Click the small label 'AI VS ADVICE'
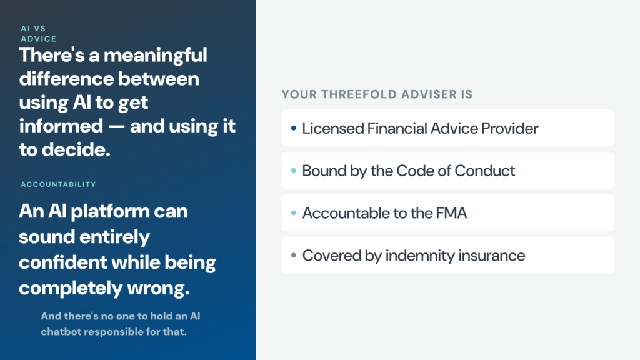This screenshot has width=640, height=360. pyautogui.click(x=39, y=34)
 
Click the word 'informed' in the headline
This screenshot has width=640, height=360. pyautogui.click(x=61, y=126)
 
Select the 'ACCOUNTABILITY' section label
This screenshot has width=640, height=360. pyautogui.click(x=58, y=184)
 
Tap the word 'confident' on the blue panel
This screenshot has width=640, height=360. pyautogui.click(x=63, y=262)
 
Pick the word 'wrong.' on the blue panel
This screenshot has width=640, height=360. pyautogui.click(x=158, y=288)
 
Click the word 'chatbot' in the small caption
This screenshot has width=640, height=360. pyautogui.click(x=61, y=331)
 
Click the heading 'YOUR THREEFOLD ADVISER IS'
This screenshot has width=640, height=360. pyautogui.click(x=377, y=94)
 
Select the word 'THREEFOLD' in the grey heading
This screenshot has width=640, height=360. pyautogui.click(x=359, y=94)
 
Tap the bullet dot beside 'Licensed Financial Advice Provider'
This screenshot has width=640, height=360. pyautogui.click(x=294, y=128)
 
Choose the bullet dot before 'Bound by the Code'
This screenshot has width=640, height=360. pyautogui.click(x=294, y=171)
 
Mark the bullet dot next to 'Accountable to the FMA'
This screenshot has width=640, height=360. pyautogui.click(x=294, y=213)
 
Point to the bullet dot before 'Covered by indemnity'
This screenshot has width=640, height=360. pyautogui.click(x=294, y=256)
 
